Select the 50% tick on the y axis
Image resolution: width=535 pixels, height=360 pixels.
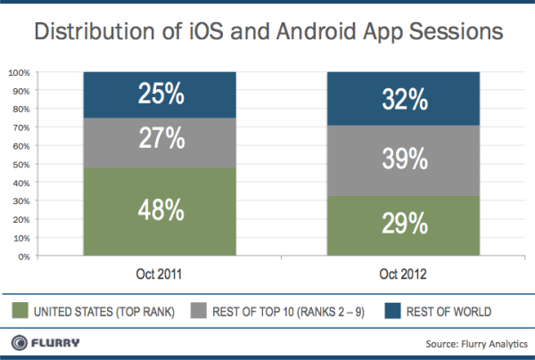pos(21,164)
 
